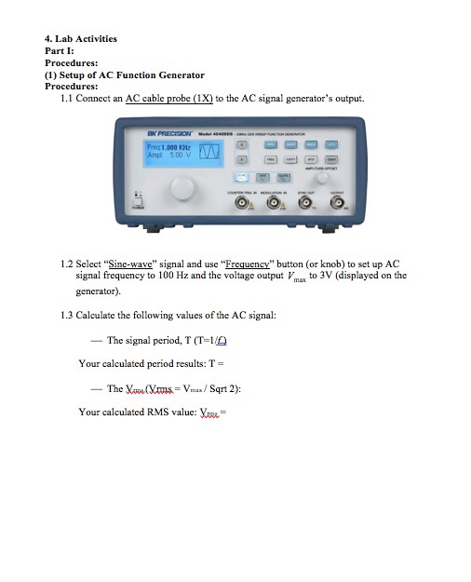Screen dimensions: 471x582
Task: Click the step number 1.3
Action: point(67,315)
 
